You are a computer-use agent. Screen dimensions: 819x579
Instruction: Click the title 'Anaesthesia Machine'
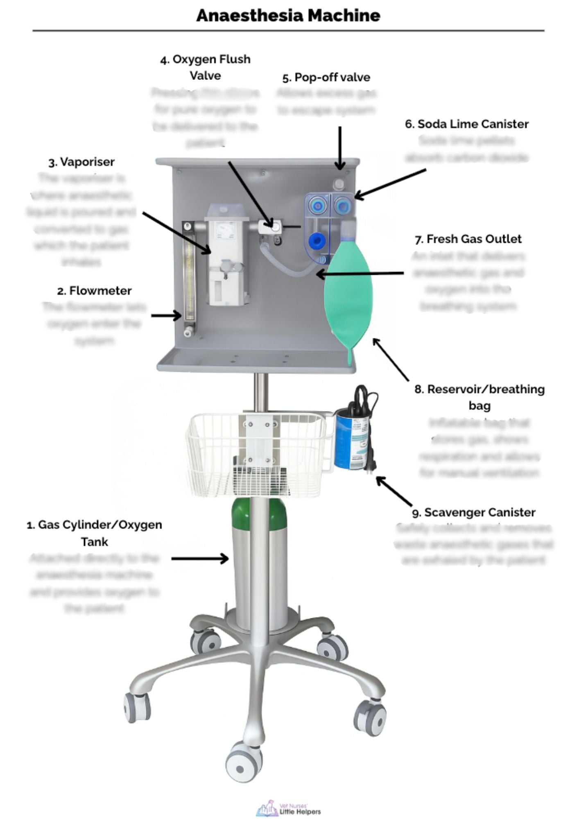point(288,16)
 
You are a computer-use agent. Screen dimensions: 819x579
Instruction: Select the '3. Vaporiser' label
point(81,162)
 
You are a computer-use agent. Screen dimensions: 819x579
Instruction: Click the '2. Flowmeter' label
point(95,291)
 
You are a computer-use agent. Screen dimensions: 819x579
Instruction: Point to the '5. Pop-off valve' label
point(326,77)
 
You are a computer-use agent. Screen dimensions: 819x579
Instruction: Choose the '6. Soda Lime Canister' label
point(467,124)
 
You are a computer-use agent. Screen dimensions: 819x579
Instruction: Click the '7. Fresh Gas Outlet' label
point(468,239)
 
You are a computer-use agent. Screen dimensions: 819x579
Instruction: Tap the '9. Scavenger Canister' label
point(474,512)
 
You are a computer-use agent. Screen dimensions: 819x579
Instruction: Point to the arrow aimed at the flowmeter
point(166,315)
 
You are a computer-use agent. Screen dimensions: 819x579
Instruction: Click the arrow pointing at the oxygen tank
point(200,558)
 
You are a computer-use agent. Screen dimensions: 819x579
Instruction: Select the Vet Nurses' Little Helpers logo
point(288,808)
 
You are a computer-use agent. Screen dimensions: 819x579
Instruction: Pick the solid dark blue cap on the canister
point(316,241)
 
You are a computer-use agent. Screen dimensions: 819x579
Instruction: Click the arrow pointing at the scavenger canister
point(394,491)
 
